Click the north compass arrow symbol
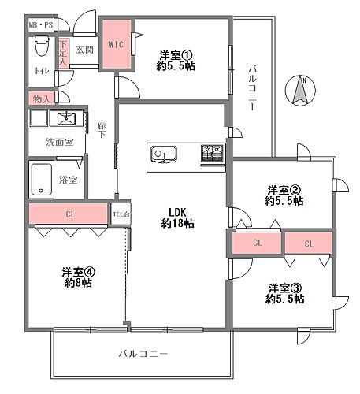[301, 91]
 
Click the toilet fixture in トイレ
[41, 50]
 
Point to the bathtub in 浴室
[42, 180]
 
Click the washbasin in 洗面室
[65, 119]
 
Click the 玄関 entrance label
[85, 50]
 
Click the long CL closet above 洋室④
[69, 214]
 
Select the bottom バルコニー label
[143, 354]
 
